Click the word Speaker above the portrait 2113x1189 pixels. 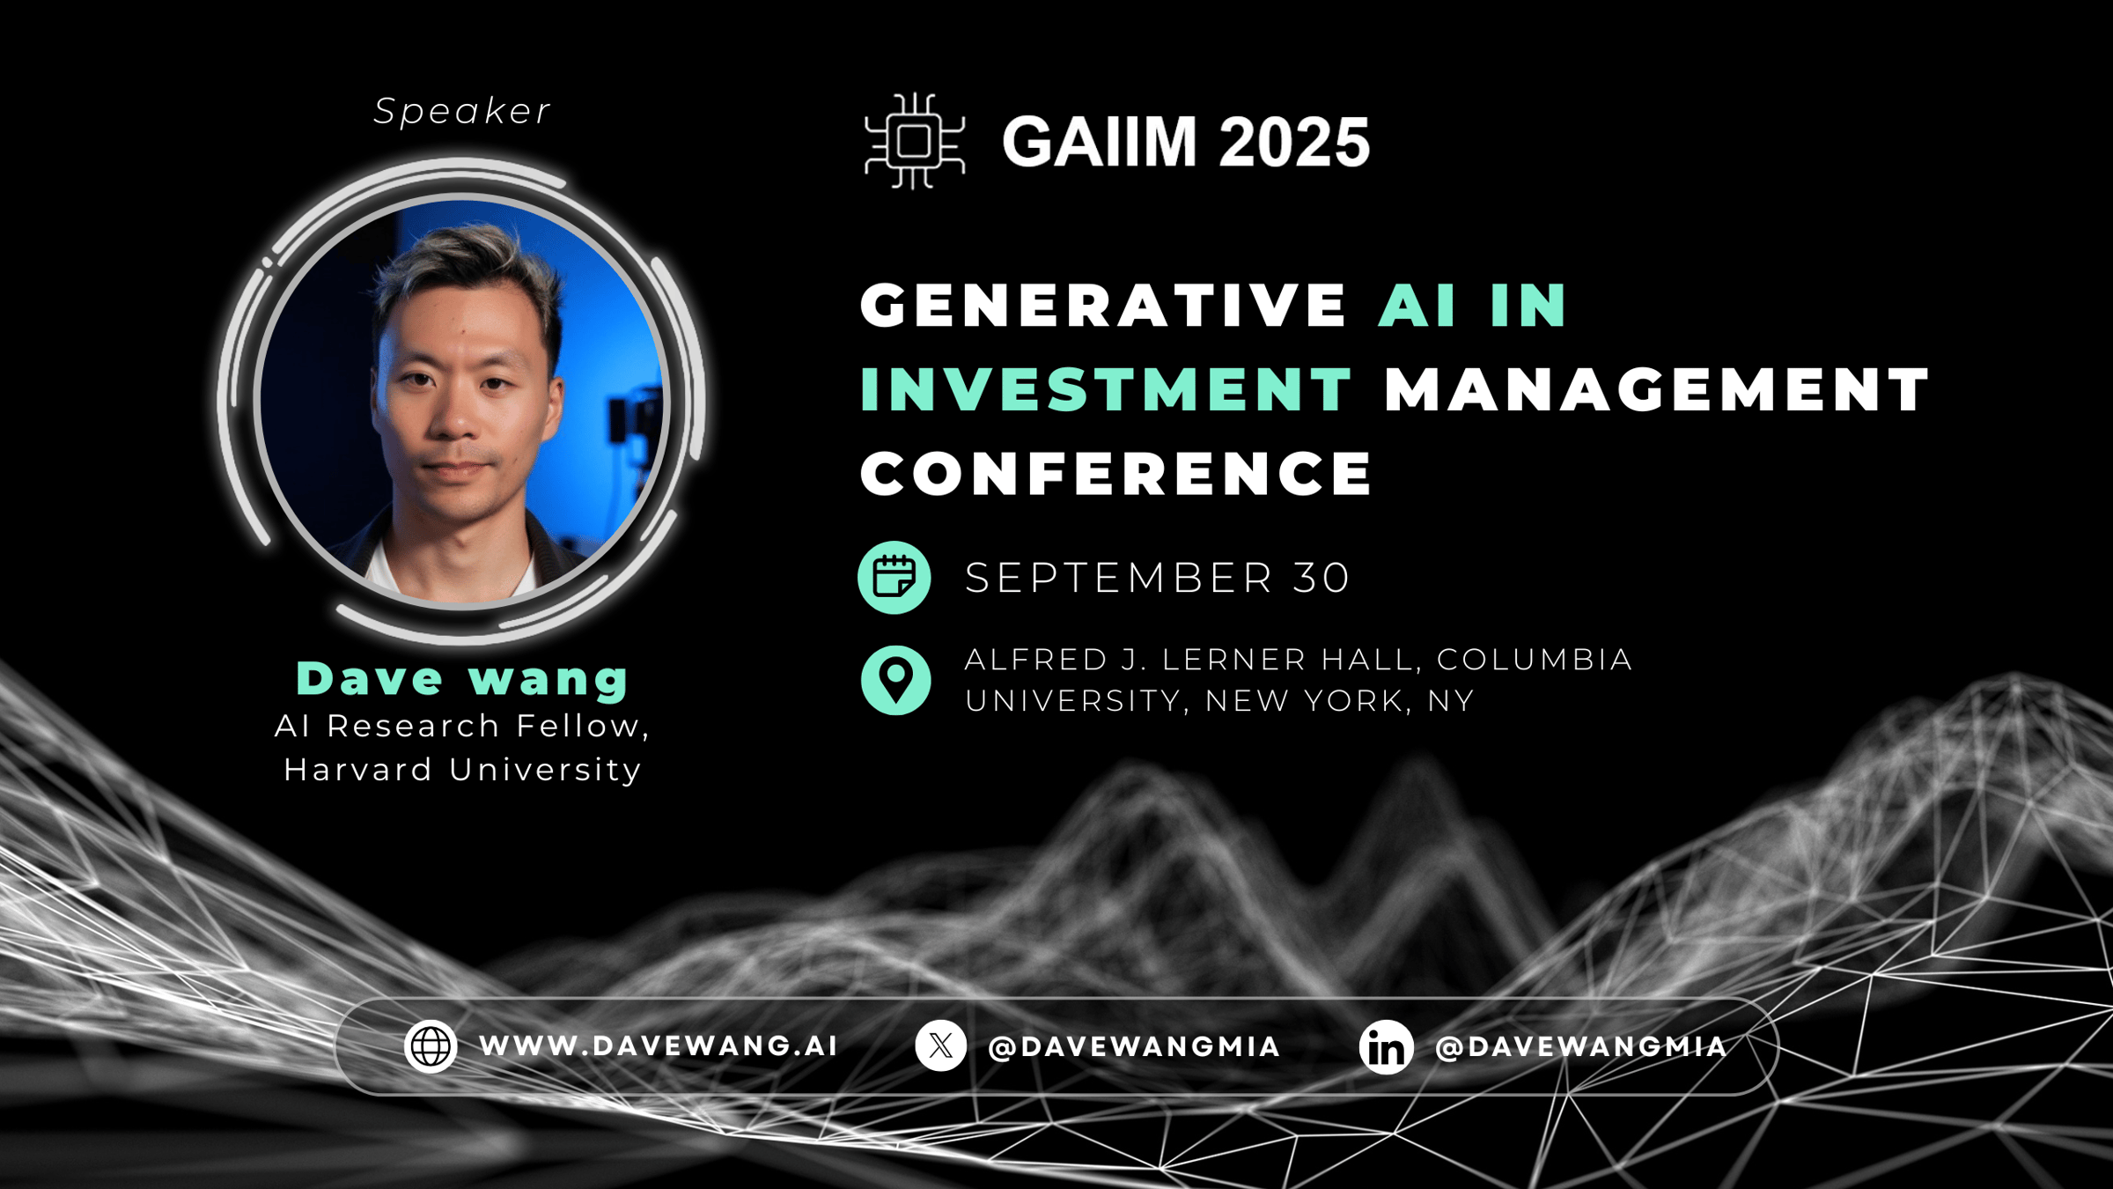coord(462,112)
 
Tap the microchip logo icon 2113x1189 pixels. coord(915,142)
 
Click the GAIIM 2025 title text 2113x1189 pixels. coord(1186,142)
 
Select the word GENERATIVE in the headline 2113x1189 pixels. coord(1103,306)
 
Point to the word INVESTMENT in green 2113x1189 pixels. coord(1106,390)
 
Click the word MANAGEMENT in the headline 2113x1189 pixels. coord(1657,390)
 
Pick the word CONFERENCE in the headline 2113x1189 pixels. coord(1116,474)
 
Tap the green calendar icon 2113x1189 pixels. coord(895,578)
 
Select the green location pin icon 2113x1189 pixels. coord(896,680)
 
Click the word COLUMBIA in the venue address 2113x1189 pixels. coord(1535,660)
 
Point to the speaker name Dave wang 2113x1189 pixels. coord(462,679)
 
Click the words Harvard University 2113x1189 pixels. coord(462,770)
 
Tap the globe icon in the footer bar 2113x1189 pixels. coord(431,1046)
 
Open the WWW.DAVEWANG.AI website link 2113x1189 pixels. coord(658,1046)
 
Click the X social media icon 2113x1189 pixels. coord(941,1046)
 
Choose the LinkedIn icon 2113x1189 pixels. coord(1387,1047)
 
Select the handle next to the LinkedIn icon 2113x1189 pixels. coord(1581,1046)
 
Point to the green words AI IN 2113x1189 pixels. coord(1473,306)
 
